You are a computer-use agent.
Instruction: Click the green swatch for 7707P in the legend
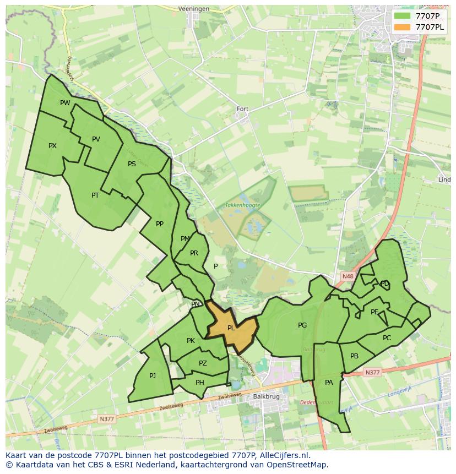point(403,16)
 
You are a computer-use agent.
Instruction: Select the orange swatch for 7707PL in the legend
point(403,26)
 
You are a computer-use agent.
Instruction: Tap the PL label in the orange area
point(231,328)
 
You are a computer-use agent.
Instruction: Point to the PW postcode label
point(65,103)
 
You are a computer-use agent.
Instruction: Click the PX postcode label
point(52,146)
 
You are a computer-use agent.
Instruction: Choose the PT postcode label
point(95,195)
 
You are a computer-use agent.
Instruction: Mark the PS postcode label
point(132,164)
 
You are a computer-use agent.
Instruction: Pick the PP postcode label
point(160,224)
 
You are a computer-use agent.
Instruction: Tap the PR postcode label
point(194,253)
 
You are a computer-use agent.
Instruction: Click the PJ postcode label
point(153,376)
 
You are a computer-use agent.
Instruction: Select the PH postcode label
point(200,383)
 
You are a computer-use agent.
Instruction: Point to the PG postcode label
point(302,325)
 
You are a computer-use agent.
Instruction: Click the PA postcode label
point(329,383)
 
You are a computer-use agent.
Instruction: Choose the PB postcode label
point(354,356)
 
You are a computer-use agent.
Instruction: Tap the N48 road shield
point(347,276)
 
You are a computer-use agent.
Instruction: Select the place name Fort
point(242,109)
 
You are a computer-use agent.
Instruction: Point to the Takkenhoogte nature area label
point(242,205)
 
